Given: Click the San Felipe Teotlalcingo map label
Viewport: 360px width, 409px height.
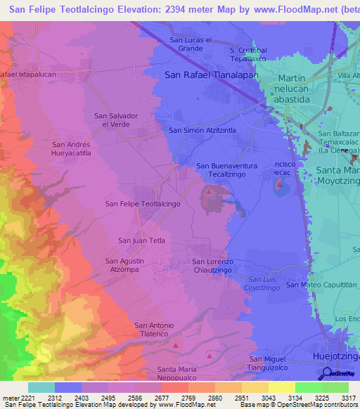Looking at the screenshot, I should tap(143, 203).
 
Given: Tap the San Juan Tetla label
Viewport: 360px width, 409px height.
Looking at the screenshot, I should tap(141, 240).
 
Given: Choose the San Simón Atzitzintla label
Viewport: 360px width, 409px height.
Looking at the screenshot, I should tap(202, 131).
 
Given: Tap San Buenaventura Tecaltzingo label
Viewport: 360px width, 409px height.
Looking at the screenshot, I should tap(225, 170).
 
